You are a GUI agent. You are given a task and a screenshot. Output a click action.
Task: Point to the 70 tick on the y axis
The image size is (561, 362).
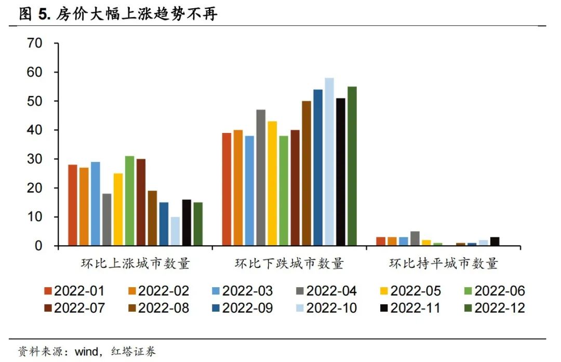point(34,43)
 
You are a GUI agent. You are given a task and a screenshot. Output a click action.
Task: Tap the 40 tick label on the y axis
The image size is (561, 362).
point(34,130)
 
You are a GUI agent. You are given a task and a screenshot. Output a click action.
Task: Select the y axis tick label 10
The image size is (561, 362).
point(34,217)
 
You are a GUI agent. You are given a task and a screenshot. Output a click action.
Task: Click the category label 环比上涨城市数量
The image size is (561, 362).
point(135,263)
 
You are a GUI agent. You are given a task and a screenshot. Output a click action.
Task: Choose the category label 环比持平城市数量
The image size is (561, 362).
point(444,263)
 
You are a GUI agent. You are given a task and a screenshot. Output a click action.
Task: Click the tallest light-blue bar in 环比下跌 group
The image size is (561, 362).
point(329,162)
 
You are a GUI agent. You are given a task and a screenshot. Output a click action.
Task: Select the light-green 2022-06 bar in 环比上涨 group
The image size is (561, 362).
point(129,200)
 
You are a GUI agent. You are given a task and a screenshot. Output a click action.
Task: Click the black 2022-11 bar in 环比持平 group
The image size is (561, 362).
point(495,242)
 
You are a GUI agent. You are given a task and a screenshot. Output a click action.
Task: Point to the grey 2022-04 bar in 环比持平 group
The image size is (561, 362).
point(415,238)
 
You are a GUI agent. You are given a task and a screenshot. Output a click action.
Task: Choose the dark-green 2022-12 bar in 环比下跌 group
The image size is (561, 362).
point(352,166)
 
